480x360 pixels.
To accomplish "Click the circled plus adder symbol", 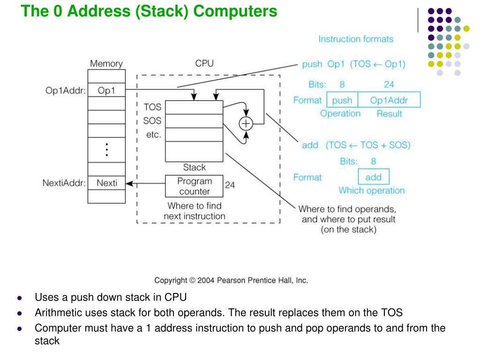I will (246, 123).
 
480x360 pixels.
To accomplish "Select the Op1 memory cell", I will (106, 90).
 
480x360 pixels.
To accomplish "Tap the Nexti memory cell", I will (106, 183).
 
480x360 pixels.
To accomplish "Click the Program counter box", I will (194, 186).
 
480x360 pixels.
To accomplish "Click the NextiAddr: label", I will (64, 183).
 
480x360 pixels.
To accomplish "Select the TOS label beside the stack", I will (152, 107).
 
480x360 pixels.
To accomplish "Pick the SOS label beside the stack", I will (152, 121).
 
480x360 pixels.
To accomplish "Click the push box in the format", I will (342, 100).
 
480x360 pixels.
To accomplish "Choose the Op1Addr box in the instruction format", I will (389, 100).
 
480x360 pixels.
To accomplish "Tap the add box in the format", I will (374, 177).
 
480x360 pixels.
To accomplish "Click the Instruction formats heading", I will (356, 39).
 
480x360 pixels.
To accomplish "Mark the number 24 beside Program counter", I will (230, 185).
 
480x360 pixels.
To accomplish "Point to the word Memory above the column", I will (106, 64).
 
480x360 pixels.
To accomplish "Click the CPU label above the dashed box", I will (204, 63).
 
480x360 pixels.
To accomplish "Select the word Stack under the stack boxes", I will (194, 167).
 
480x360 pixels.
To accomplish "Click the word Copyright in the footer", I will (171, 280).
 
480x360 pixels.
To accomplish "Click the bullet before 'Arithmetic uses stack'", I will (19, 313).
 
